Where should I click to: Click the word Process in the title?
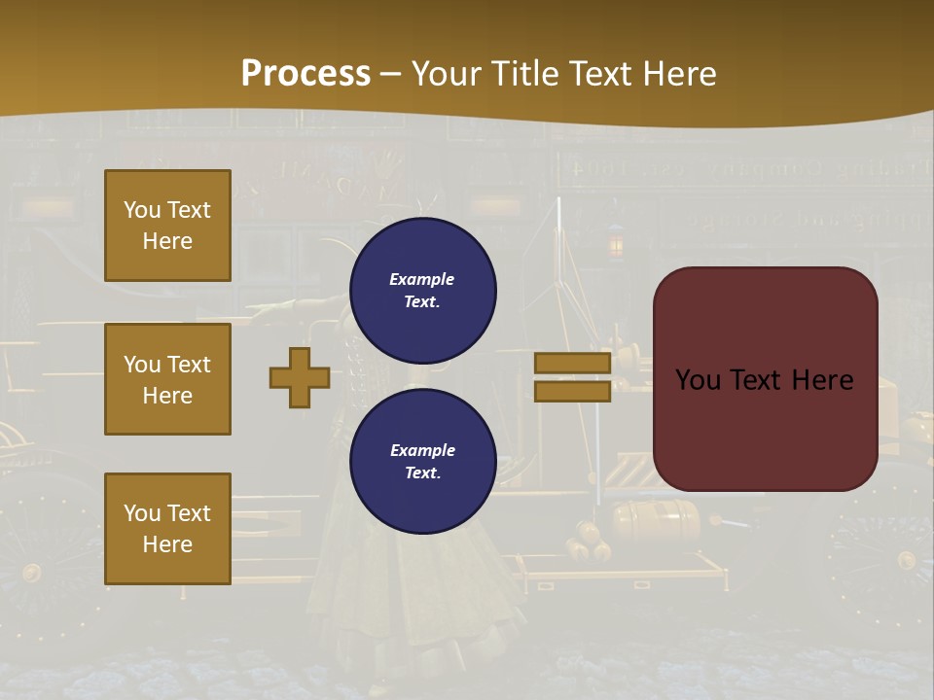305,73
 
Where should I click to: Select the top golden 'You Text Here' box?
167,226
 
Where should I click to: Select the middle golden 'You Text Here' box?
167,379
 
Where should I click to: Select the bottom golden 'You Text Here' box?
167,529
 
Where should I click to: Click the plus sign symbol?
300,377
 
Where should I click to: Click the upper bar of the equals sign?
573,363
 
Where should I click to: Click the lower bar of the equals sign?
573,391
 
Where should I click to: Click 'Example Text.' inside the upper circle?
422,290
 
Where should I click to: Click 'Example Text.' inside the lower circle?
422,461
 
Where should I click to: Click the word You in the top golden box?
142,210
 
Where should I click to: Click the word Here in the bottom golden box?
167,544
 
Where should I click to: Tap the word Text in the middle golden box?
189,365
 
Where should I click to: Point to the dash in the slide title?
391,73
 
